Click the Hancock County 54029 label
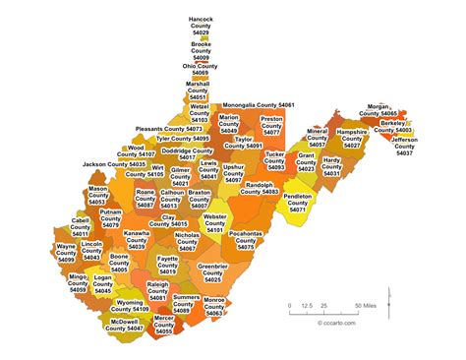pos(201,26)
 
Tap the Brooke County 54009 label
pos(201,51)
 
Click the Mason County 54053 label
pos(97,195)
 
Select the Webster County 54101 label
pos(214,223)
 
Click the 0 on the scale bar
pos(289,306)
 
